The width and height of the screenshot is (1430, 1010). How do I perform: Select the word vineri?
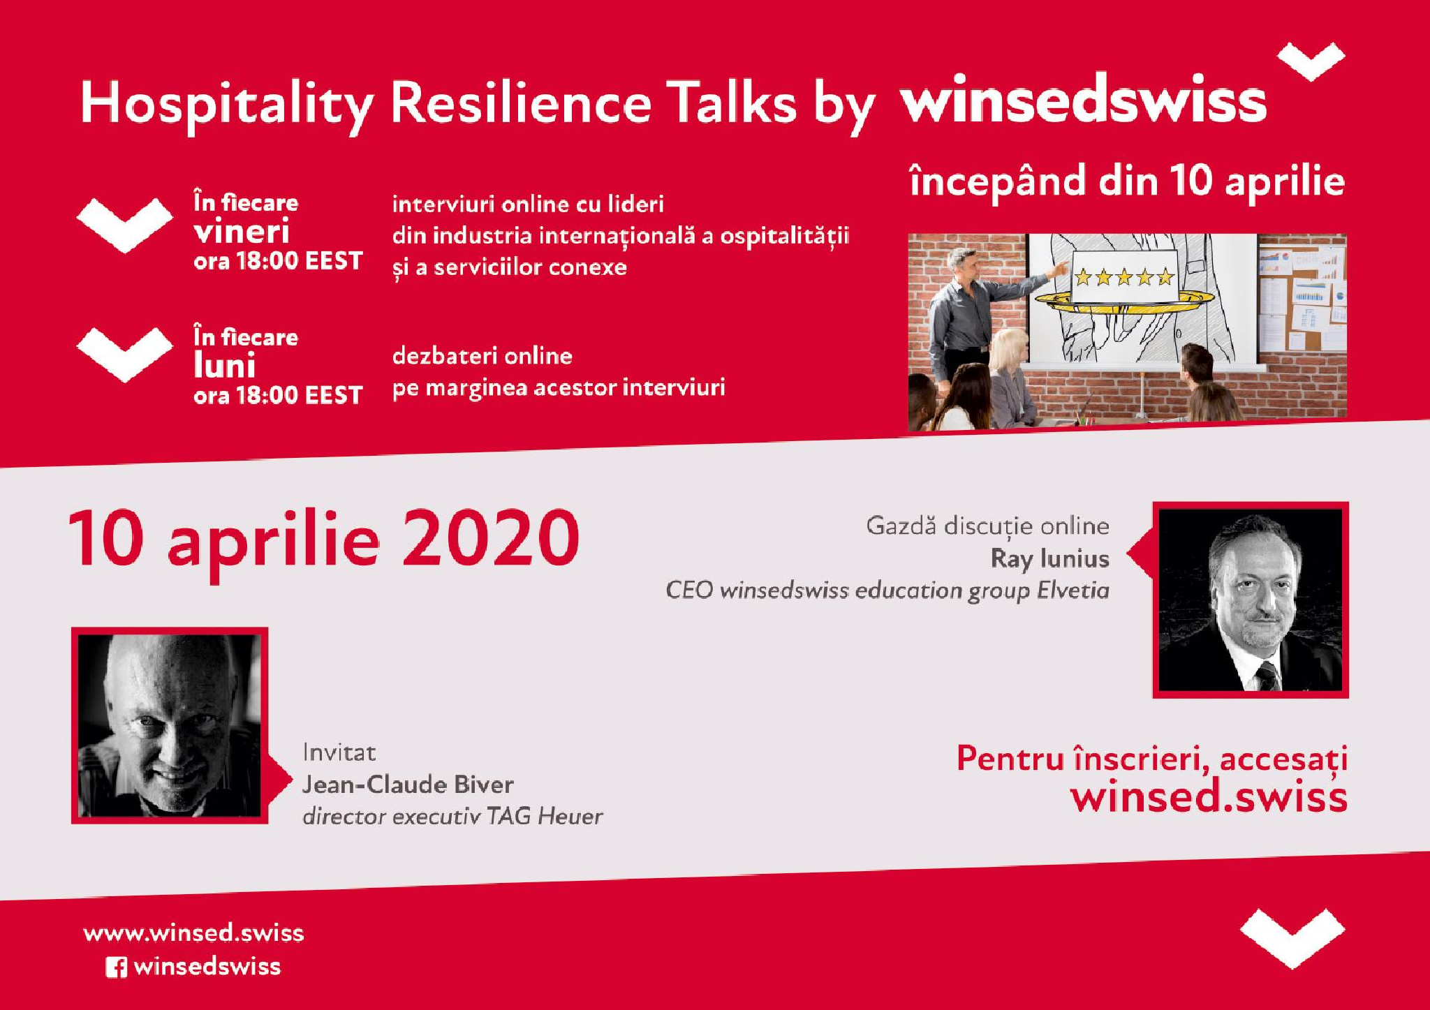tap(241, 231)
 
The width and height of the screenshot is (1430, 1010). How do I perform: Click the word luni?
tap(224, 366)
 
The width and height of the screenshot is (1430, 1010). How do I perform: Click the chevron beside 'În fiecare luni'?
tap(124, 355)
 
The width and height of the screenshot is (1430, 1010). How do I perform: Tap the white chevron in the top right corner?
tap(1311, 61)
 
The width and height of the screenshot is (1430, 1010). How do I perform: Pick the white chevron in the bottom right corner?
tap(1292, 938)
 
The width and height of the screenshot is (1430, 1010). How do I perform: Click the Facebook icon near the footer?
tap(116, 967)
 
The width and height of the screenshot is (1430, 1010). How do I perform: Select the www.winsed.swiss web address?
tap(193, 933)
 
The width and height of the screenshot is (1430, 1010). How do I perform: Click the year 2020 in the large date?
tap(490, 540)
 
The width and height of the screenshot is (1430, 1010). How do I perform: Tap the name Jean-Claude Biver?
tap(408, 785)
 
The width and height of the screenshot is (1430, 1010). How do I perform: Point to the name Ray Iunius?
tap(1049, 558)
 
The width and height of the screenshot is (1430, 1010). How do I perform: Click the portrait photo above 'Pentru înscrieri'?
tap(1250, 600)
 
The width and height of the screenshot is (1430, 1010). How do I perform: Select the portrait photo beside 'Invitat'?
tap(170, 725)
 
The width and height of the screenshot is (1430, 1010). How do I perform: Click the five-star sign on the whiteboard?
tap(1123, 279)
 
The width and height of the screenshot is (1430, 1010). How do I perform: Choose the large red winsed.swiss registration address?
tap(1208, 797)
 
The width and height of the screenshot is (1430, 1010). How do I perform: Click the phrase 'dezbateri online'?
tap(482, 356)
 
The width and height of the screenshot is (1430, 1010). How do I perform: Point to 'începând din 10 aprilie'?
tap(1127, 181)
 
